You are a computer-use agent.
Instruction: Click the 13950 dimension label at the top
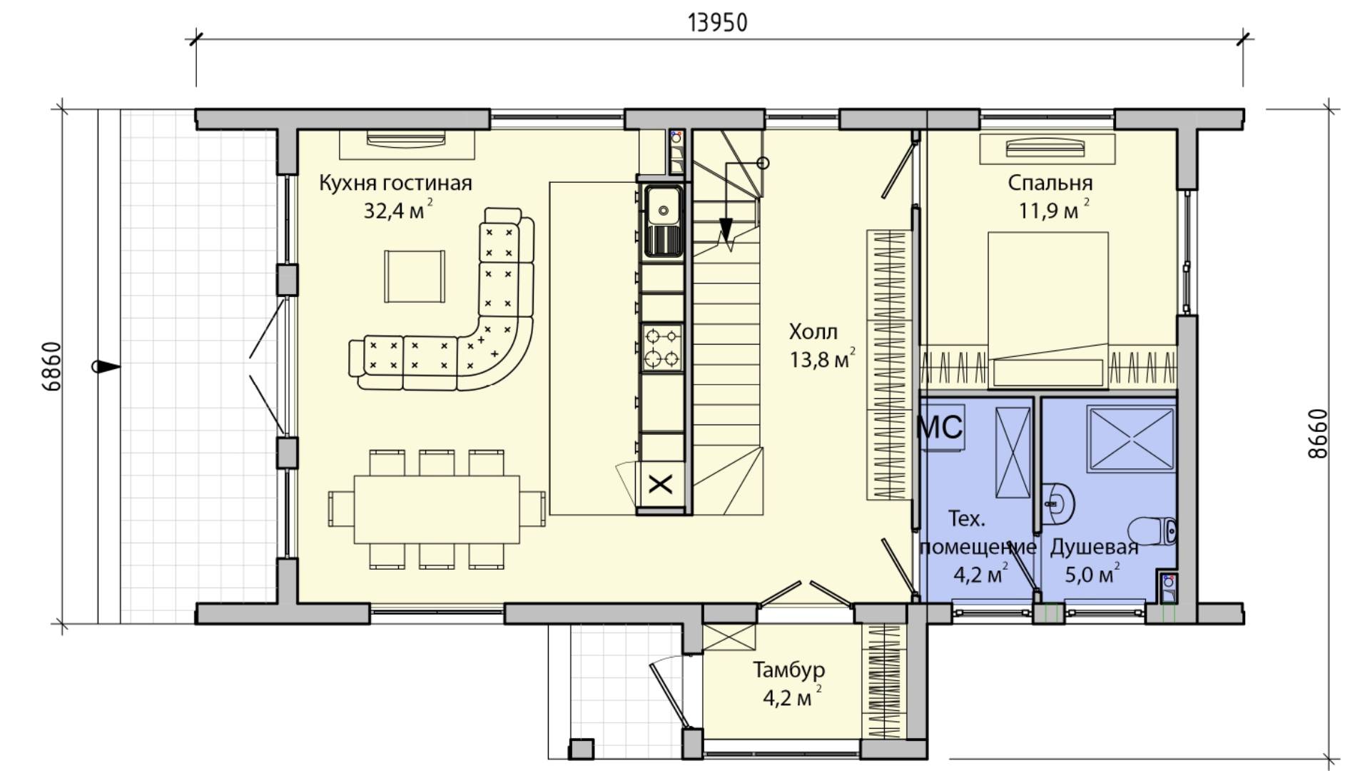(x=718, y=23)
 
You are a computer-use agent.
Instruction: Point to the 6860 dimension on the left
(x=52, y=367)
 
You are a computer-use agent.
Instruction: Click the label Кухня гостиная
(x=395, y=183)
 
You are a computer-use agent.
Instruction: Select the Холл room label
(x=813, y=332)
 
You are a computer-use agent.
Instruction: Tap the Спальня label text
(x=1050, y=183)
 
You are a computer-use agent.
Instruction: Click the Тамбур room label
(x=789, y=670)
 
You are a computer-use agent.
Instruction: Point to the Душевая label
(x=1094, y=548)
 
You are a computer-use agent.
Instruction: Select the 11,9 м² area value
(x=1055, y=211)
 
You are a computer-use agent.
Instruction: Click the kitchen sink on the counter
(x=664, y=221)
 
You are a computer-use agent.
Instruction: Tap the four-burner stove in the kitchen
(x=663, y=348)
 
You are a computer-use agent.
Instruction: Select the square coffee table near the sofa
(x=415, y=277)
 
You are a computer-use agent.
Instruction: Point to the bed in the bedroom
(x=1047, y=310)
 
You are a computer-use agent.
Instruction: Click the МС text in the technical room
(x=940, y=428)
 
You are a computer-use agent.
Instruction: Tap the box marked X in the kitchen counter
(x=661, y=485)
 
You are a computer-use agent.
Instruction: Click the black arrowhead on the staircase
(x=726, y=230)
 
